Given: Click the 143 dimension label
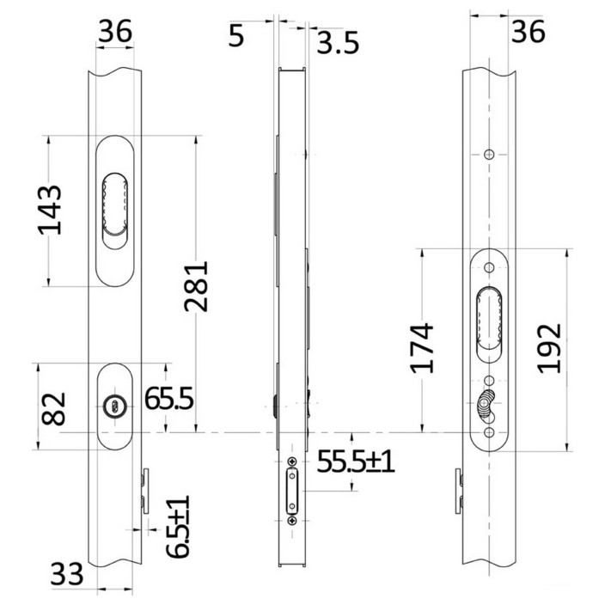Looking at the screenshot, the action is [49, 211].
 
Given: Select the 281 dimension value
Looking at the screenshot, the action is [196, 286].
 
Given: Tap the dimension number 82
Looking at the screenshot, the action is [53, 409].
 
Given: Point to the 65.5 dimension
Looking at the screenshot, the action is [168, 399].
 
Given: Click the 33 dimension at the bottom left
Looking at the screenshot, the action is [67, 574].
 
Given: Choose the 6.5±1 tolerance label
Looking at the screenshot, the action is [178, 527].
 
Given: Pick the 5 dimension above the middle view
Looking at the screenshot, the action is [236, 36].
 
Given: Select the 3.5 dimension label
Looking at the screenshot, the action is [338, 42].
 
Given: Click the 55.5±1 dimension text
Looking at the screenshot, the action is [356, 461].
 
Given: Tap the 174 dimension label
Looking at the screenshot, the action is [421, 348].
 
